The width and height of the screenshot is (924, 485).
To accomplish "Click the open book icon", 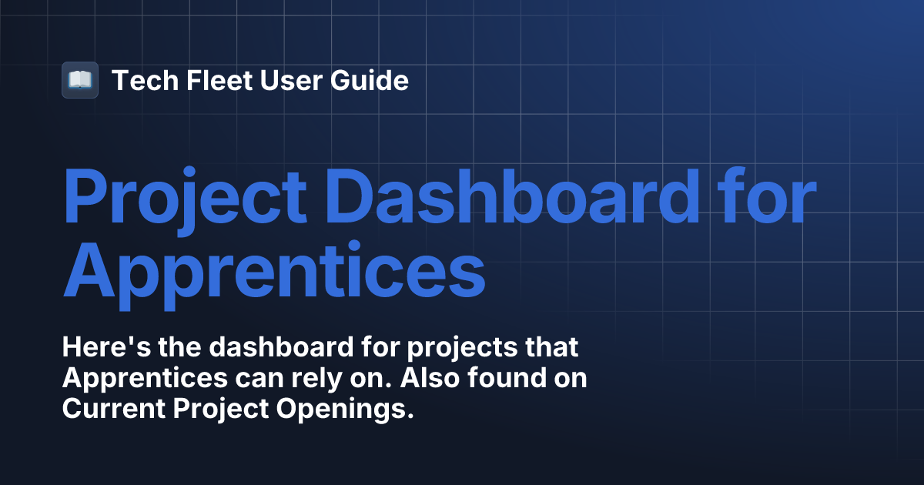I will (x=80, y=80).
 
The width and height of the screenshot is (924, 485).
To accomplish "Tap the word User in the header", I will (x=270, y=80).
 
